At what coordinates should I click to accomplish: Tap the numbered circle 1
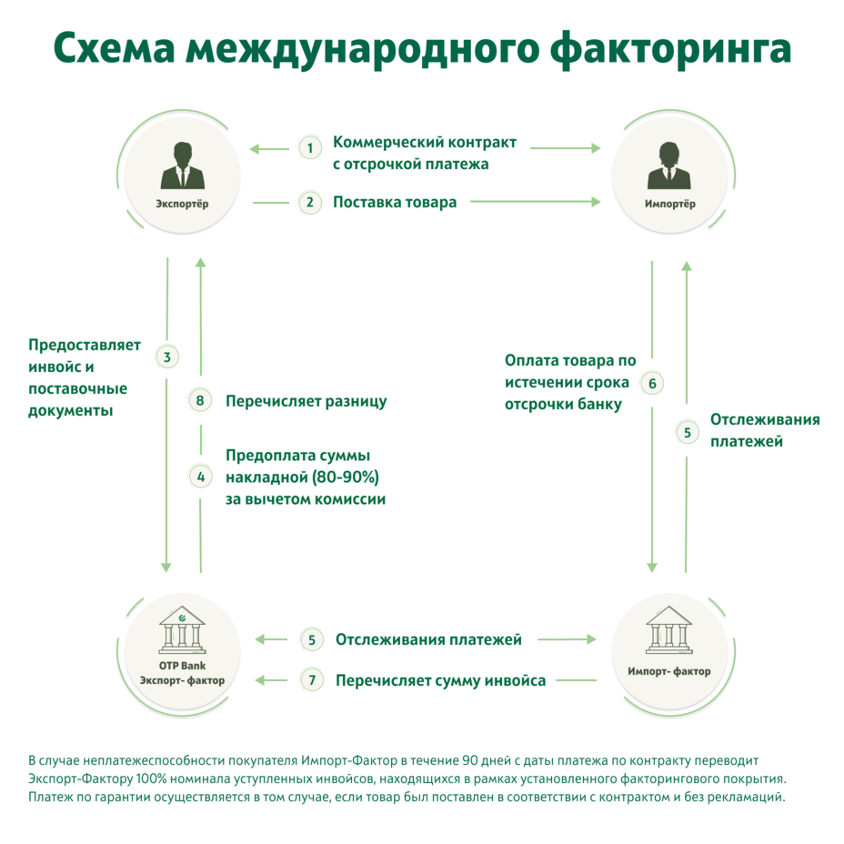click(310, 147)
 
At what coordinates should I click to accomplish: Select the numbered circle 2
click(310, 202)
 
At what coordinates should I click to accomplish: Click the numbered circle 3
click(167, 357)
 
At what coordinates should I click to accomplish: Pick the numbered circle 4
click(201, 476)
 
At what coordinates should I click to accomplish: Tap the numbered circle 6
click(652, 383)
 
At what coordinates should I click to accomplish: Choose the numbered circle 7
click(312, 679)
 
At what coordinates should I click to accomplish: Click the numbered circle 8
click(201, 400)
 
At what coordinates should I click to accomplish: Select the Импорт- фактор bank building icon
click(668, 628)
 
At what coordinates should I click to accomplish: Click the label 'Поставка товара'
click(395, 202)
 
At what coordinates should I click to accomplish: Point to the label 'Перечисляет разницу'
click(306, 400)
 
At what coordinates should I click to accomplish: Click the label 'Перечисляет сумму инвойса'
click(441, 679)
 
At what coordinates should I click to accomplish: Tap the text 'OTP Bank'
click(182, 666)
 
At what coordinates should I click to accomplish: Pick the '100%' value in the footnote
click(124, 779)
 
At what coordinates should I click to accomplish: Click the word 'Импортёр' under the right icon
click(669, 204)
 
